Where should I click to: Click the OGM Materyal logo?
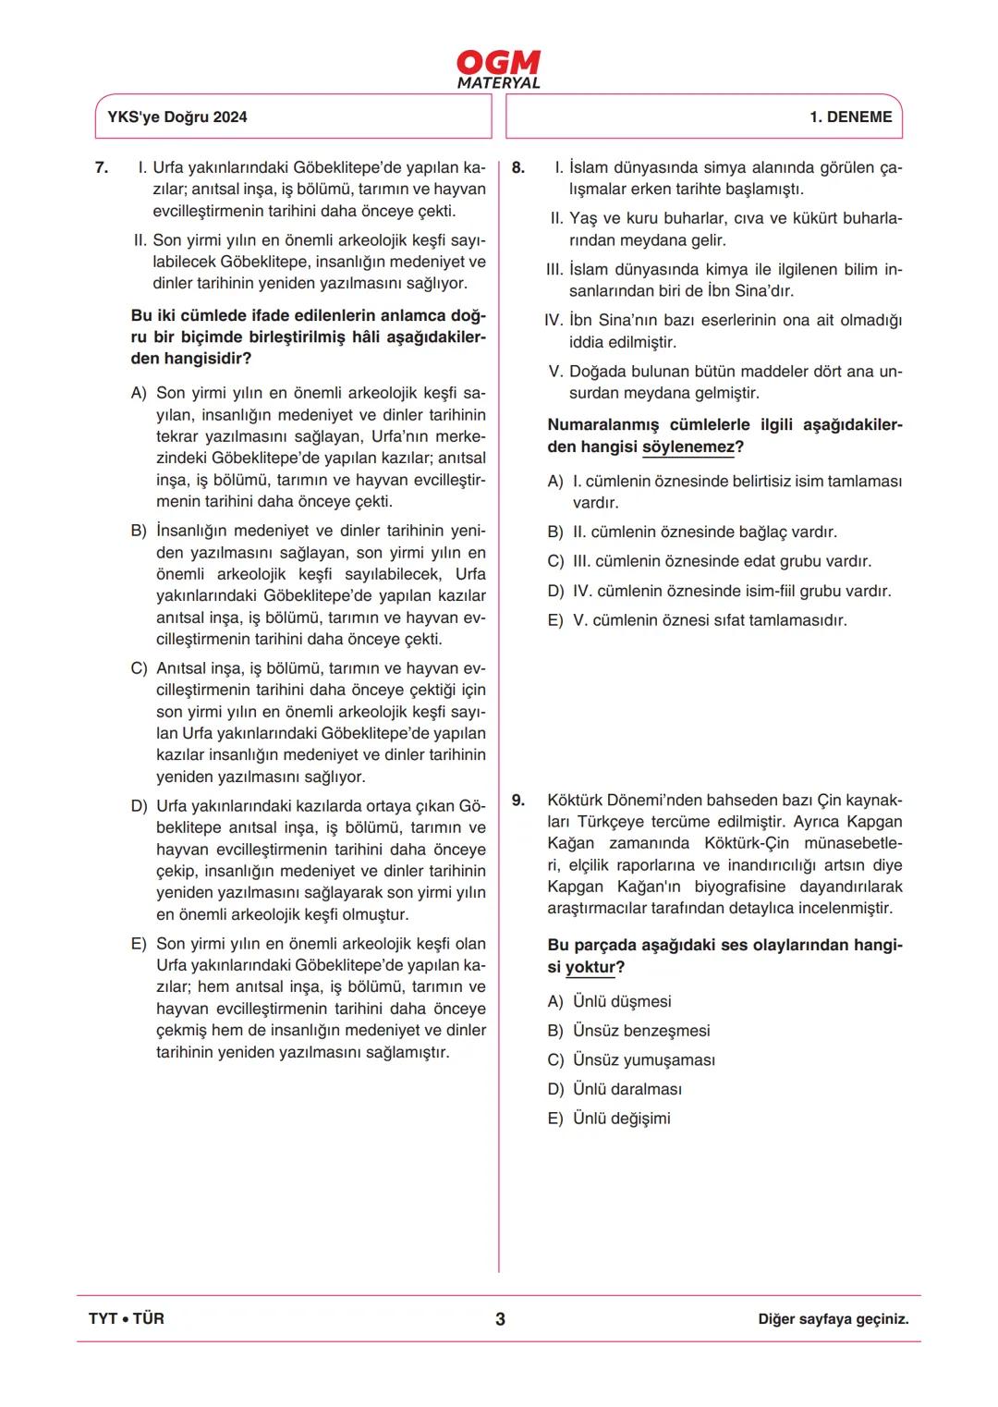point(498,69)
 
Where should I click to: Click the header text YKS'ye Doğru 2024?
point(177,117)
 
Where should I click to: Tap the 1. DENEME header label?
point(850,117)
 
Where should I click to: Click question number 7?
point(101,167)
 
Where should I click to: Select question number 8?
point(517,167)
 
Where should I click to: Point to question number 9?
point(517,801)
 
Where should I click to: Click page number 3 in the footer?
point(500,1319)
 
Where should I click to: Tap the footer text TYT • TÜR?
point(127,1319)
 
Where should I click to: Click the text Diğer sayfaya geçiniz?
point(833,1319)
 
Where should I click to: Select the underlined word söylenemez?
point(688,447)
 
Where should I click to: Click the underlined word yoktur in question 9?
point(590,968)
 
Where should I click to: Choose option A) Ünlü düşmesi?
point(609,1002)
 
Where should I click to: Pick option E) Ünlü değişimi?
point(609,1119)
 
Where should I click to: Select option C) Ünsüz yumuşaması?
point(631,1060)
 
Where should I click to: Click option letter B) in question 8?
point(555,532)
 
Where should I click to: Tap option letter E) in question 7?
point(139,944)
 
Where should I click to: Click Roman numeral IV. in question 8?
point(553,321)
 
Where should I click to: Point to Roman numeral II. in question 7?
point(140,240)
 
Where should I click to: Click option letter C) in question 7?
point(139,668)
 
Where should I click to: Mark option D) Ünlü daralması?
point(615,1090)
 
